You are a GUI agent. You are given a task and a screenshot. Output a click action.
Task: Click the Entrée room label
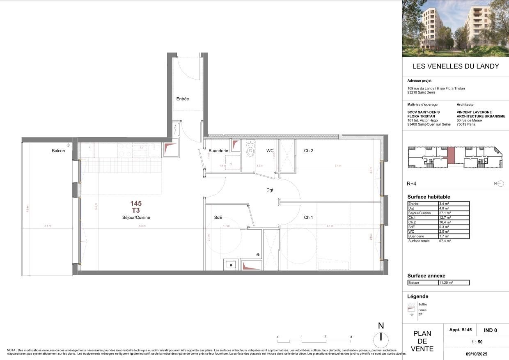click(183, 99)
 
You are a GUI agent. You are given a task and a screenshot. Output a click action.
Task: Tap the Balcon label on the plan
click(58, 151)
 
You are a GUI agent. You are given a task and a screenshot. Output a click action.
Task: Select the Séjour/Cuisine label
click(136, 218)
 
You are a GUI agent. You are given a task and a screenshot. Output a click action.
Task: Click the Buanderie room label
click(218, 151)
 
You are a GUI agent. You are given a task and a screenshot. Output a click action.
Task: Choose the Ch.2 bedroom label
click(308, 151)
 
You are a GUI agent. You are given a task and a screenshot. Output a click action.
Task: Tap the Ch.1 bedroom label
click(308, 218)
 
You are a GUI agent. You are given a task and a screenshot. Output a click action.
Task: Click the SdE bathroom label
click(218, 218)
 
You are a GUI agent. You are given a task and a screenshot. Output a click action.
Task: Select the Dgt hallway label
click(270, 190)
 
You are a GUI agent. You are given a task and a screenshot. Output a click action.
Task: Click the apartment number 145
click(136, 203)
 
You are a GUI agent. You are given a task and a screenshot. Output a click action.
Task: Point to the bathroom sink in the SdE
click(231, 265)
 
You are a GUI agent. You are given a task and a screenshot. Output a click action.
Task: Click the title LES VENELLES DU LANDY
click(455, 66)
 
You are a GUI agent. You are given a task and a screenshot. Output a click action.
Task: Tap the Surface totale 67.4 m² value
click(445, 241)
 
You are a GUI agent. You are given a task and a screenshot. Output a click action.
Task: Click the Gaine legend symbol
click(410, 310)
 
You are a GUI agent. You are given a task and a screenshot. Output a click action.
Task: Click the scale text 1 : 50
click(476, 342)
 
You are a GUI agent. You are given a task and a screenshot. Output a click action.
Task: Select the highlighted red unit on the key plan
click(451, 156)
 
